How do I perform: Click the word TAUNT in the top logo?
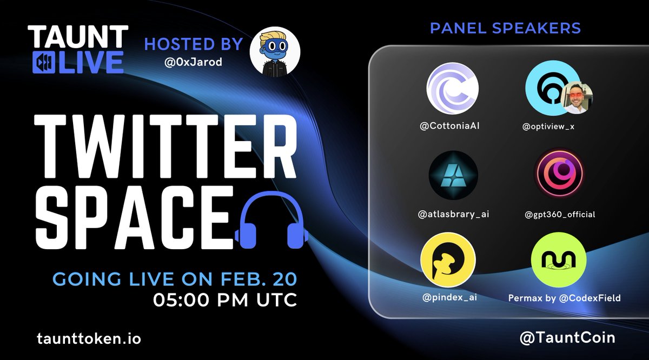[78, 38]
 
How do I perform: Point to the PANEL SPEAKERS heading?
[505, 28]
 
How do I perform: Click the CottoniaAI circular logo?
[452, 89]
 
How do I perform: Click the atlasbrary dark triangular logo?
[452, 176]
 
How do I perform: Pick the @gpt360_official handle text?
[560, 215]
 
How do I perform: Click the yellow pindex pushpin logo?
[448, 258]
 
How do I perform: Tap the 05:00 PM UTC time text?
[226, 299]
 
